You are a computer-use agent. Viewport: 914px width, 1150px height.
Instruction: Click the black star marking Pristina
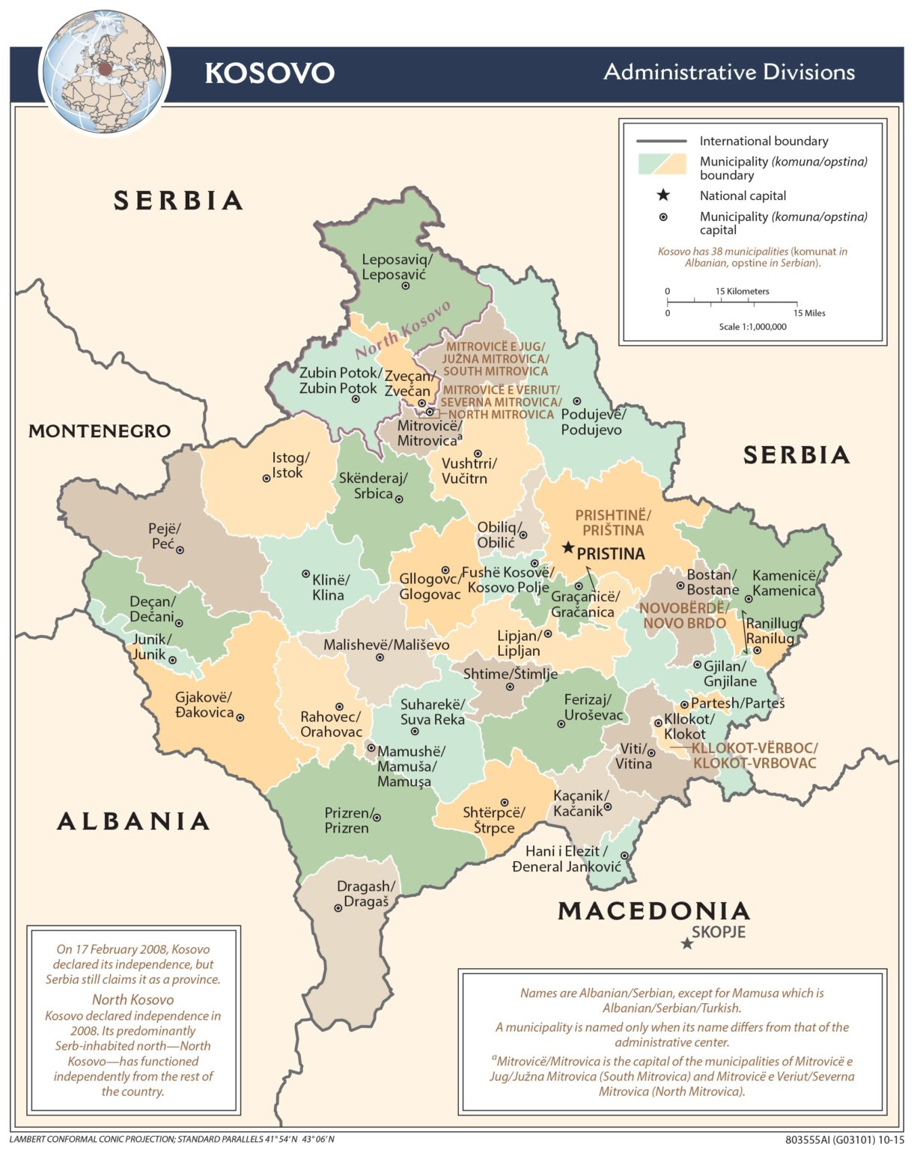click(x=568, y=548)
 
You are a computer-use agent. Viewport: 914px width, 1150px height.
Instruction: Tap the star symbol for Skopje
click(x=686, y=943)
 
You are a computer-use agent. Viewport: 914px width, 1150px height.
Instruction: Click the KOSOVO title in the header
click(x=269, y=73)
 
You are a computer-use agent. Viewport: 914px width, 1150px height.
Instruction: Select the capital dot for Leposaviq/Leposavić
click(x=406, y=286)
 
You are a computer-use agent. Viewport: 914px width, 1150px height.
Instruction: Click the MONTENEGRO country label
click(x=100, y=431)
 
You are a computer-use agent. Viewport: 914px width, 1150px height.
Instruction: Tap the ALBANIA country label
click(x=133, y=821)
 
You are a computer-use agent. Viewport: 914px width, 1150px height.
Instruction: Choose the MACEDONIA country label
click(x=653, y=911)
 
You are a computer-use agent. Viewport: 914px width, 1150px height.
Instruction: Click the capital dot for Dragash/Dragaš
click(x=338, y=908)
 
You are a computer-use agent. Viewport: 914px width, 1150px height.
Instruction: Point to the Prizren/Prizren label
click(x=347, y=821)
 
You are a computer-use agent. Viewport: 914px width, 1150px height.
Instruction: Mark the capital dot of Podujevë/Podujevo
click(x=577, y=402)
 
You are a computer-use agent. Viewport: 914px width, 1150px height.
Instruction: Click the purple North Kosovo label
click(x=403, y=330)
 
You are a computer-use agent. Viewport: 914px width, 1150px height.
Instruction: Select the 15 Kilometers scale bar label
click(x=742, y=291)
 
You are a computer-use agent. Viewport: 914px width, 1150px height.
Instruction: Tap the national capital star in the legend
click(x=662, y=195)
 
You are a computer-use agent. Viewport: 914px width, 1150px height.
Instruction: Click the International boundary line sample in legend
click(x=661, y=141)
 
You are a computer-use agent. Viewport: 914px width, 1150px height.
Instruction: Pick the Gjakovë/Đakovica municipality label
click(x=204, y=705)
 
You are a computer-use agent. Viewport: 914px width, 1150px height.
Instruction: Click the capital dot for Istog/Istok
click(x=266, y=478)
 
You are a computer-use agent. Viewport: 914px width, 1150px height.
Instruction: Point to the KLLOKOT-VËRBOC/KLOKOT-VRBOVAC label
click(x=754, y=755)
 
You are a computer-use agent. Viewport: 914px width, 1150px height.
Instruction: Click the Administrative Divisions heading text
click(x=729, y=73)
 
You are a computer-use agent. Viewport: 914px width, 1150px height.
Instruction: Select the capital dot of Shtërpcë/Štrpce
click(x=505, y=803)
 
